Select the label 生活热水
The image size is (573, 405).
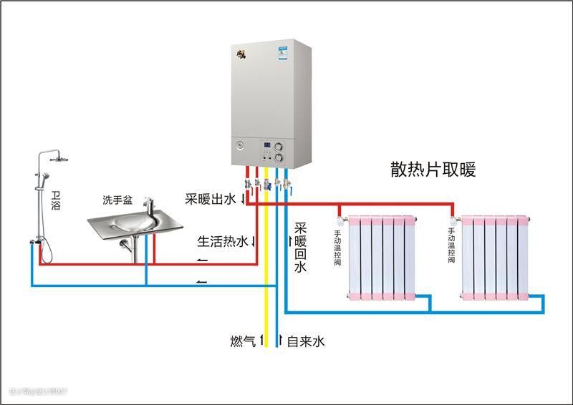click(x=222, y=241)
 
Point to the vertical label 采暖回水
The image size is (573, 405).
click(x=299, y=248)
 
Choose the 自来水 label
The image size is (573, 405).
click(x=306, y=341)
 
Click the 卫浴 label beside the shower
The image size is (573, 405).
click(x=56, y=200)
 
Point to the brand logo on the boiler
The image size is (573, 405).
click(x=241, y=53)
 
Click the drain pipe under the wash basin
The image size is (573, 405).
click(x=132, y=250)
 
